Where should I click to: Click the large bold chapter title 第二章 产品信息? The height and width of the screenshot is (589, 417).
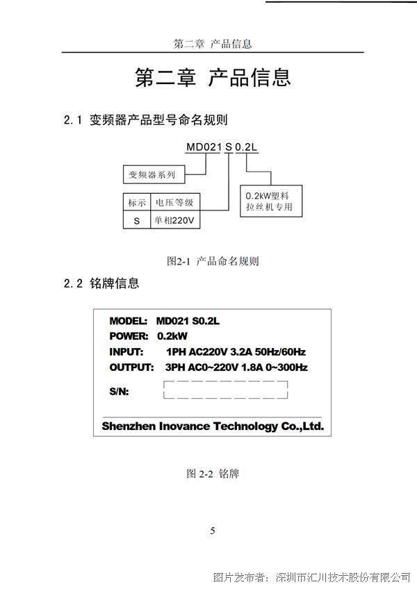pyautogui.click(x=213, y=77)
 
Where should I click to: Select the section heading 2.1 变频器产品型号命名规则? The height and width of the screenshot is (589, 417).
pyautogui.click(x=146, y=120)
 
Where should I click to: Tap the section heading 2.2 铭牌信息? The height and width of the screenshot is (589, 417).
pyautogui.click(x=101, y=283)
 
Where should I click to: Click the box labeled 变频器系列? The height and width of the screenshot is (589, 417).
pyautogui.click(x=154, y=174)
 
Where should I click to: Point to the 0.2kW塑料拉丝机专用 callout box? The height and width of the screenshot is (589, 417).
pyautogui.click(x=271, y=201)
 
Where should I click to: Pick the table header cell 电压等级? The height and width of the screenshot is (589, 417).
pyautogui.click(x=175, y=203)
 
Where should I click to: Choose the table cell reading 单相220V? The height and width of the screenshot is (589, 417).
pyautogui.click(x=175, y=220)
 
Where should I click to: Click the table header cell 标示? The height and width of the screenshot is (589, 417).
pyautogui.click(x=137, y=203)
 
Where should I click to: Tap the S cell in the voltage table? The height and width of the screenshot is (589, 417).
pyautogui.click(x=137, y=220)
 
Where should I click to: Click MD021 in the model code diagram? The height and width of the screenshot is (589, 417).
pyautogui.click(x=204, y=147)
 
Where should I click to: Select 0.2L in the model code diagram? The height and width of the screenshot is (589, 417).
pyautogui.click(x=246, y=147)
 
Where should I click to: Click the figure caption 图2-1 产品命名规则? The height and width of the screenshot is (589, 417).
pyautogui.click(x=213, y=260)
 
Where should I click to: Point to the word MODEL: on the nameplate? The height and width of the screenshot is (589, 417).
pyautogui.click(x=128, y=321)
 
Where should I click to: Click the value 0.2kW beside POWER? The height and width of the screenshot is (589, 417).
pyautogui.click(x=172, y=335)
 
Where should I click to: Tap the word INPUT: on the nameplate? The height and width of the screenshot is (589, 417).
pyautogui.click(x=126, y=352)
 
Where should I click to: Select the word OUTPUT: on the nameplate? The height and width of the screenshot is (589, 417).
pyautogui.click(x=131, y=367)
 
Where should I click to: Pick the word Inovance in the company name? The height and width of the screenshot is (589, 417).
pyautogui.click(x=185, y=426)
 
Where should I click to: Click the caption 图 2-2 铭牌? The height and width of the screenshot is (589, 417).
pyautogui.click(x=213, y=473)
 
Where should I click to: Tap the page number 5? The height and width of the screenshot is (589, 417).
pyautogui.click(x=213, y=531)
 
